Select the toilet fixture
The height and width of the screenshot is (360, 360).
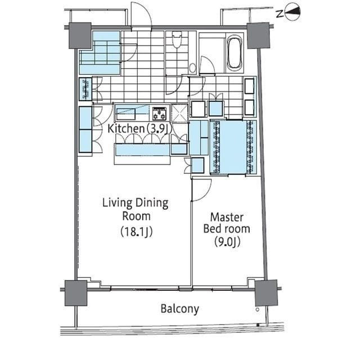coord(177,39)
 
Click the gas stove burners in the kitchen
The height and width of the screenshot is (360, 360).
coord(159,114)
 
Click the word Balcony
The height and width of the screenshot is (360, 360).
coord(180,309)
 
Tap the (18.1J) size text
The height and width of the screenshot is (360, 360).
coord(137,231)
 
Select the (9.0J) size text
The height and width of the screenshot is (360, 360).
coord(227,242)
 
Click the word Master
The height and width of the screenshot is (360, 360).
coord(227,217)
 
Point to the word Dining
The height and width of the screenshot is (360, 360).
coord(152,204)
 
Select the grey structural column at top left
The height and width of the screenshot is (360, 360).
coord(80,35)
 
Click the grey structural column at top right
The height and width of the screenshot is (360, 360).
coord(258,35)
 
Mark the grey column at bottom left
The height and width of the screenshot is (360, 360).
coord(76,293)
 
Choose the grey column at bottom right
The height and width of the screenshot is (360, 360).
coord(266,293)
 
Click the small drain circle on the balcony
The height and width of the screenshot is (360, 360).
coord(258,309)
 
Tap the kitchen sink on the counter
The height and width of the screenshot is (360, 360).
coord(126,114)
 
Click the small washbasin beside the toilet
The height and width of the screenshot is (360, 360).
coord(192,68)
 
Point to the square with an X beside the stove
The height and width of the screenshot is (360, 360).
coord(179,113)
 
